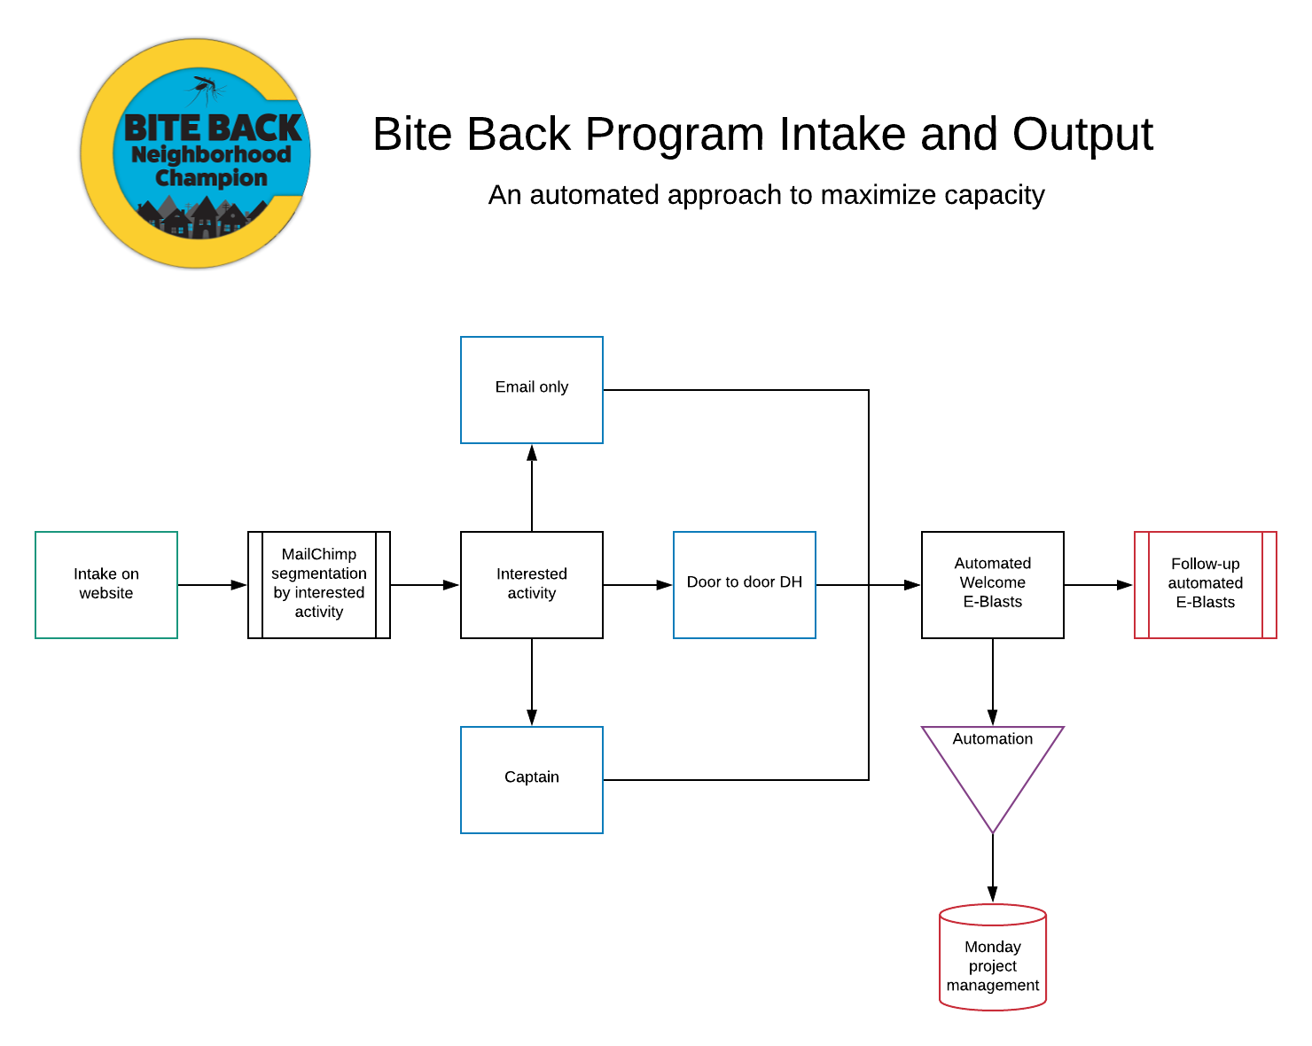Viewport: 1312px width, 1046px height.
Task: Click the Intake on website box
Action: point(106,584)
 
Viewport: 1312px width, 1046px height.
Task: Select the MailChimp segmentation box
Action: point(319,584)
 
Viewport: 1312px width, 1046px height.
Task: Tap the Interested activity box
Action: point(532,584)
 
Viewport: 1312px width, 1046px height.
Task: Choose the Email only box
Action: point(532,389)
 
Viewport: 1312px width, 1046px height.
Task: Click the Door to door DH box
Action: point(745,584)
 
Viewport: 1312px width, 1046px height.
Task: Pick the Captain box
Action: point(532,779)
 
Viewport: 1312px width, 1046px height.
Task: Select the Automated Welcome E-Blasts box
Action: point(993,584)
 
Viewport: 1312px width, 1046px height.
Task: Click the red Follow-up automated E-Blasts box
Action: point(1206,584)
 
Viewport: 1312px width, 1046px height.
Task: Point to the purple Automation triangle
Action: point(993,762)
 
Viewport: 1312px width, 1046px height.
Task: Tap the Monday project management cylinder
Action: point(993,957)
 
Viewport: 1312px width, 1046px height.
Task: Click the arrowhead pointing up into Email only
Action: point(532,453)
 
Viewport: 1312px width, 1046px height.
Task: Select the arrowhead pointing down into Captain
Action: point(532,717)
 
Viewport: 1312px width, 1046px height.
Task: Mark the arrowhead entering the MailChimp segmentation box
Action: point(239,584)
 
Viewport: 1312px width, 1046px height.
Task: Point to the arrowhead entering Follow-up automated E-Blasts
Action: point(1125,584)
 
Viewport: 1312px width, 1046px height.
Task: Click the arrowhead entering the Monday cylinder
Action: point(993,894)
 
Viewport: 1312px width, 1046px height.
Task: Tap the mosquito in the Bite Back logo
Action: point(205,89)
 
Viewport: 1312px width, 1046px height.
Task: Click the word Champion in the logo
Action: point(211,178)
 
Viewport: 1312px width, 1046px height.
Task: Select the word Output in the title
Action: point(1082,134)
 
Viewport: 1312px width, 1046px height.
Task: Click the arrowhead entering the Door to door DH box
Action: point(665,584)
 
